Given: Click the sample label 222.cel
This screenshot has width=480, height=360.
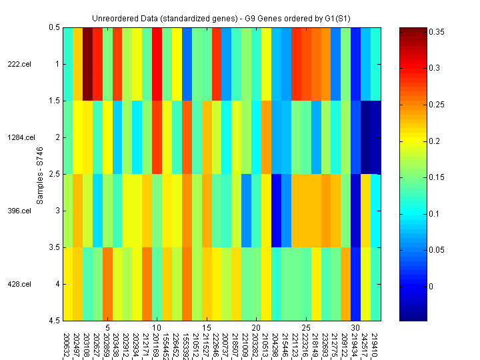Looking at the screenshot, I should (19, 64).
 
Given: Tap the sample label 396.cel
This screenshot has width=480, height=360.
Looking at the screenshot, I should (19, 211).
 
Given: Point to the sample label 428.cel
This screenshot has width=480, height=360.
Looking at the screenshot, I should (19, 284).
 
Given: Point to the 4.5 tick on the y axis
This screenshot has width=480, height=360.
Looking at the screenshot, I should (53, 321).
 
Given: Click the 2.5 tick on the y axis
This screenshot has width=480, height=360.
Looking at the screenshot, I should (53, 174).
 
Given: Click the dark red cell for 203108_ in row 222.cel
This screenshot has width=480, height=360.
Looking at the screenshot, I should (87, 64).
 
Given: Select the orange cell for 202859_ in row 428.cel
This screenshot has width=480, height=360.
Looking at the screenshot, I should (107, 284).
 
